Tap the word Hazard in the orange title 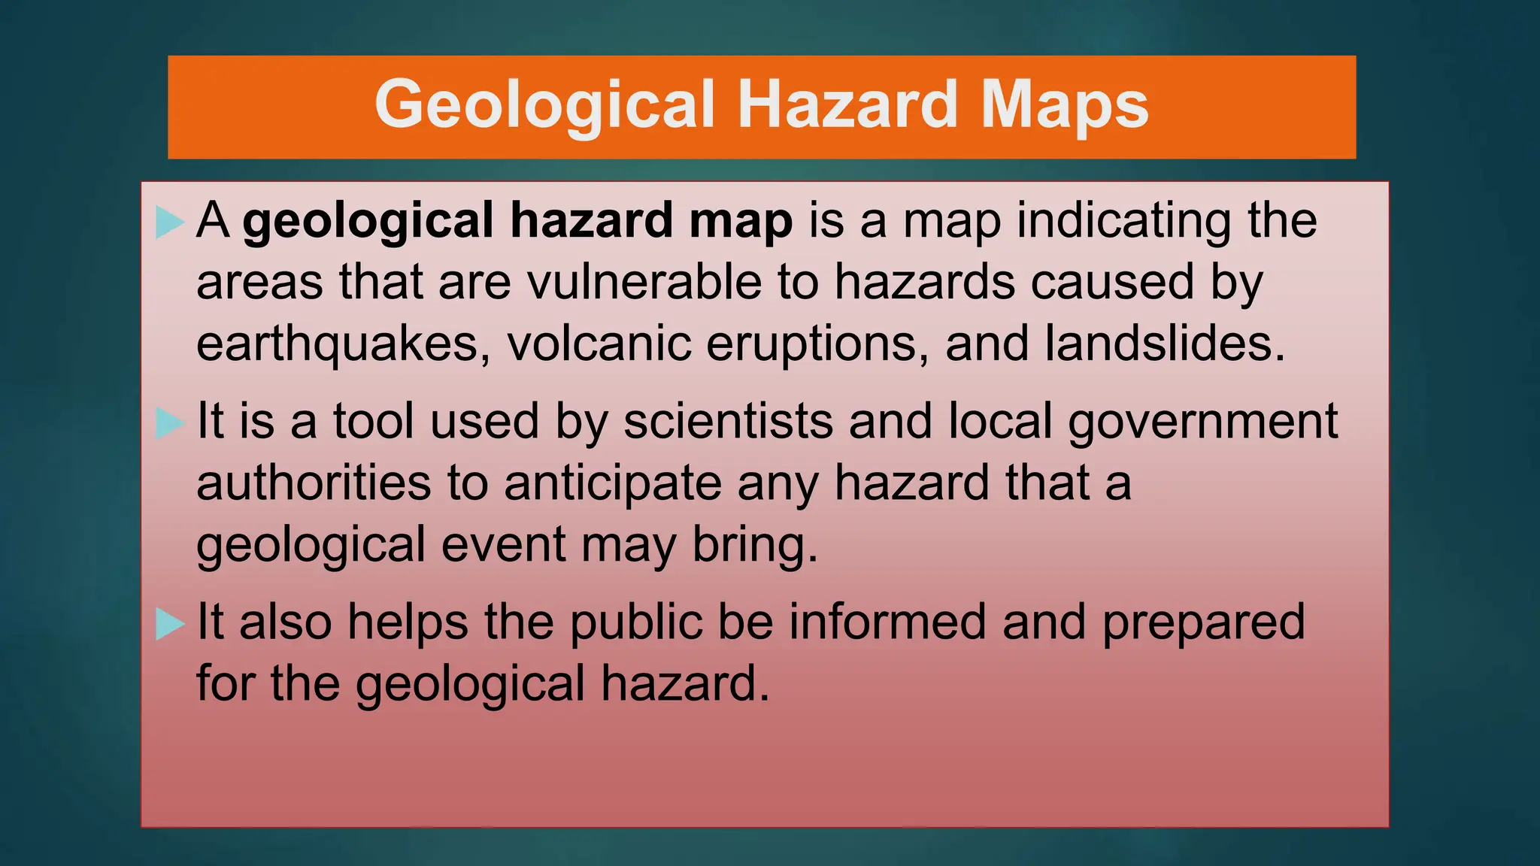tap(849, 105)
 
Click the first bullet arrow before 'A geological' tap(170, 223)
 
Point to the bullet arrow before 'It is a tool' tap(170, 422)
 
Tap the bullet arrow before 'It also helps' tap(170, 624)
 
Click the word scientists tap(728, 421)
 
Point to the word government tap(1203, 422)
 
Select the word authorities tap(314, 483)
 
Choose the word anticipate tap(612, 484)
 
